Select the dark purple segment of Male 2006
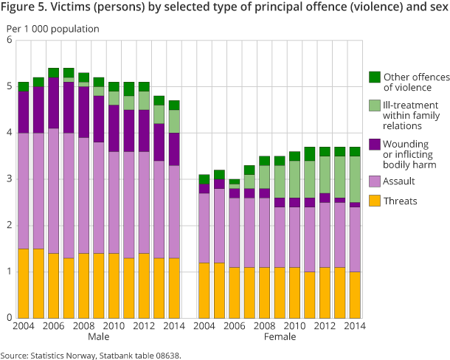pos(54,103)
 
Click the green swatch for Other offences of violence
pos(375,77)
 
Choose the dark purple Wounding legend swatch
pos(375,143)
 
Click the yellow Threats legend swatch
pos(375,199)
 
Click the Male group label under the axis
pos(99,337)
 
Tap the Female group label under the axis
pos(280,337)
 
